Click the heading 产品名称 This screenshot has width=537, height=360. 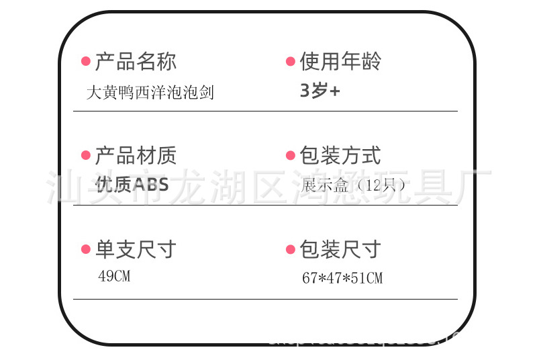point(136,62)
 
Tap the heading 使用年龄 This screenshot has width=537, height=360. point(340,62)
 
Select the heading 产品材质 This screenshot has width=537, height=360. point(136,156)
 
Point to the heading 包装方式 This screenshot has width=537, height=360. point(340,156)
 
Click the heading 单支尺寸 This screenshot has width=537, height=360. point(136,250)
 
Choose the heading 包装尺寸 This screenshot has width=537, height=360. point(340,250)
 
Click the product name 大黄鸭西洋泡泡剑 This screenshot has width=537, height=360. point(150,92)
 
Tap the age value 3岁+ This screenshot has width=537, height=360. point(320,91)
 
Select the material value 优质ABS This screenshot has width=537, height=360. point(132,185)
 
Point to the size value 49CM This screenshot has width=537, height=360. point(114,276)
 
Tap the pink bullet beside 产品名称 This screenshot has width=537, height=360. point(86,62)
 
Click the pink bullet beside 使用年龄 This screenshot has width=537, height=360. point(291,62)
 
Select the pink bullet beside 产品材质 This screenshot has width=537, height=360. point(86,156)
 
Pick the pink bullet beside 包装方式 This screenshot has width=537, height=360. point(291,156)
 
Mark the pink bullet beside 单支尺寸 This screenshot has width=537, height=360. point(86,250)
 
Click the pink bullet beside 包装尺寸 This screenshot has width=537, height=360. point(291,250)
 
